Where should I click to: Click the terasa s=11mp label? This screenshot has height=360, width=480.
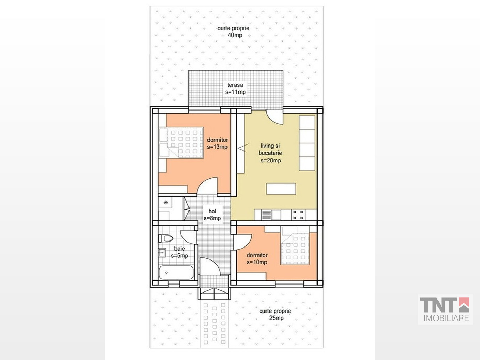click(x=236, y=89)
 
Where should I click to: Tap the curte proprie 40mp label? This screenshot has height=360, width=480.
click(x=233, y=32)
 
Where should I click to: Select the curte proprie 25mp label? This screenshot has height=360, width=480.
click(x=275, y=314)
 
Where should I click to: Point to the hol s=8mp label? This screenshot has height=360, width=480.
click(x=212, y=214)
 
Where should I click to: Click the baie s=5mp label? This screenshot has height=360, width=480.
click(x=180, y=252)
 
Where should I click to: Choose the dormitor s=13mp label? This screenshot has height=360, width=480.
click(x=217, y=143)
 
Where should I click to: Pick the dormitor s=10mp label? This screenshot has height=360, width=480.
click(x=257, y=259)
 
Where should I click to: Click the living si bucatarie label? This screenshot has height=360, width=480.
click(x=270, y=149)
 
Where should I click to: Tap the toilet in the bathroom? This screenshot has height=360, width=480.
click(x=166, y=238)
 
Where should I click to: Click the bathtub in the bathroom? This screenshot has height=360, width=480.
click(x=176, y=272)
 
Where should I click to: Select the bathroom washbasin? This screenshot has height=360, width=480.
click(x=162, y=253)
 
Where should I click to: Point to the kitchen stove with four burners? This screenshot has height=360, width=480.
click(x=298, y=215)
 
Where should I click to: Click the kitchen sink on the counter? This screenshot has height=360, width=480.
click(x=271, y=215)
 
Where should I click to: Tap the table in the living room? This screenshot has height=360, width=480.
click(x=281, y=189)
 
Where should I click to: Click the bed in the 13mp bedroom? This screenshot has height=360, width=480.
click(x=181, y=142)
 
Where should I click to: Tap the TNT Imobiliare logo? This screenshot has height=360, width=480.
click(x=445, y=309)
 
